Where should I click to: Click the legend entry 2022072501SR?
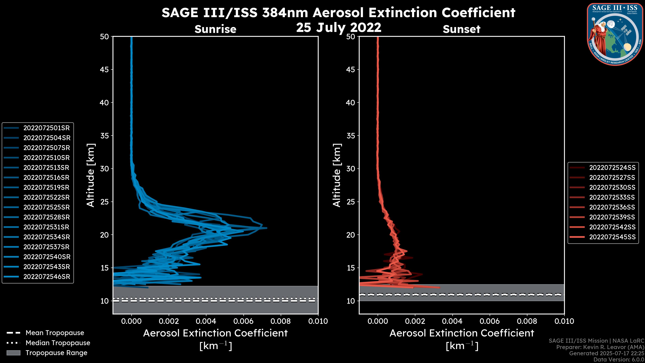click(x=46, y=128)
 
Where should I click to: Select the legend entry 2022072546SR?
click(x=47, y=277)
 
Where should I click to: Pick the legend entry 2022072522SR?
click(x=46, y=197)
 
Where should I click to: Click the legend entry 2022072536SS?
click(x=612, y=207)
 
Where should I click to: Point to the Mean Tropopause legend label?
click(x=55, y=333)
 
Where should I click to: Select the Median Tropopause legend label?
click(x=58, y=343)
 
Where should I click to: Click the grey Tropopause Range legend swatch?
click(x=13, y=353)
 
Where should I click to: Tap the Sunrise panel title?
click(x=215, y=29)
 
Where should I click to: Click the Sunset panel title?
click(x=461, y=29)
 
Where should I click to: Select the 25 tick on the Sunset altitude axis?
click(x=351, y=202)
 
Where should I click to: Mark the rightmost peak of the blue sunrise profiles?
click(x=267, y=228)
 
